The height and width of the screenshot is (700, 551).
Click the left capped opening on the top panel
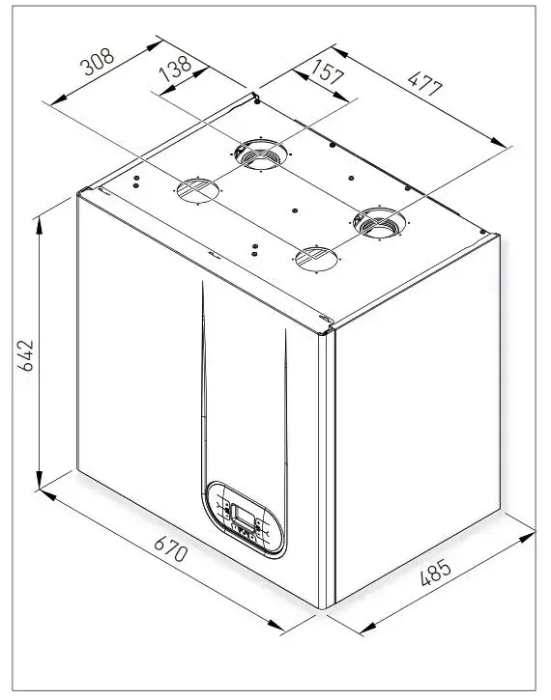tap(195, 189)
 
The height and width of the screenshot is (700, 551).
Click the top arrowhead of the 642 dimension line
tap(40, 221)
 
